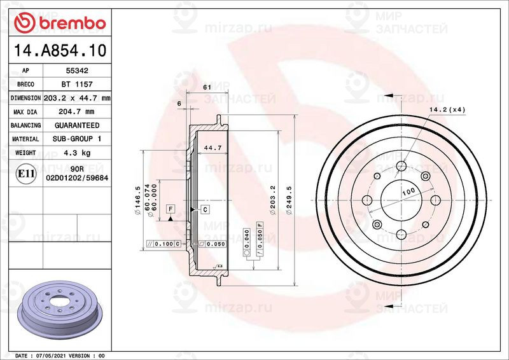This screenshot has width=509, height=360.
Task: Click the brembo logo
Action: [59, 22]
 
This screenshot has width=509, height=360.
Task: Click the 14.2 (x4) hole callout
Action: [447, 110]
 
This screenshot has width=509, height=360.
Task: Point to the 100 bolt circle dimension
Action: [408, 191]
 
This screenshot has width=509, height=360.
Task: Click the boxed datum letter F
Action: [171, 209]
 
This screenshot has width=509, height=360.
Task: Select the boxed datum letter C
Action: [206, 209]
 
